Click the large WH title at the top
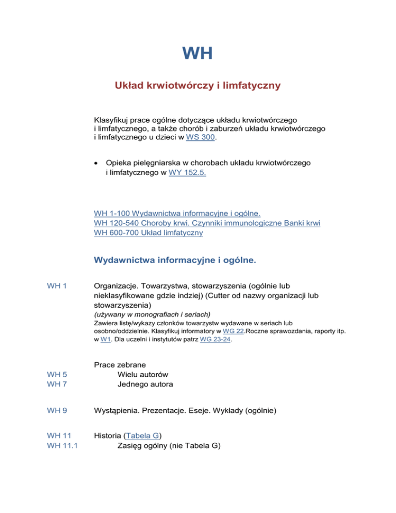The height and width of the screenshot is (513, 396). point(197,53)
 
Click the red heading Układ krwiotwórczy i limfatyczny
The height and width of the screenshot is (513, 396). point(197,85)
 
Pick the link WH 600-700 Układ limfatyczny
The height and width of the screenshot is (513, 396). point(148,233)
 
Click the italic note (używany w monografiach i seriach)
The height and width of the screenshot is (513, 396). point(145,314)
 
